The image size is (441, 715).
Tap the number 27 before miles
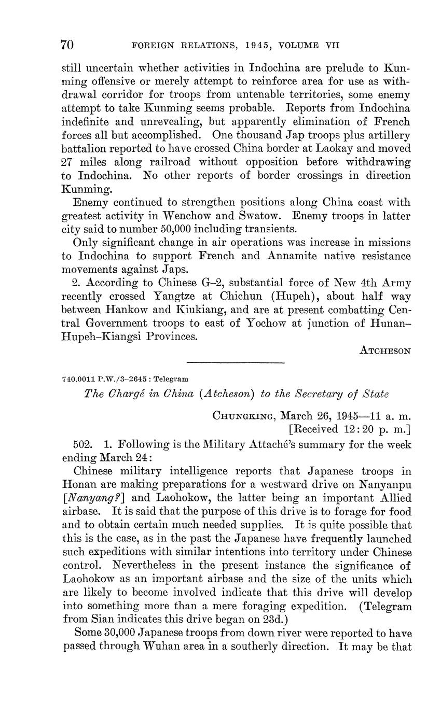68,162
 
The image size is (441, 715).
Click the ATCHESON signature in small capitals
385,351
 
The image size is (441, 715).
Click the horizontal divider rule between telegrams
236,362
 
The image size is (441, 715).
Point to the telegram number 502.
85,444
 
